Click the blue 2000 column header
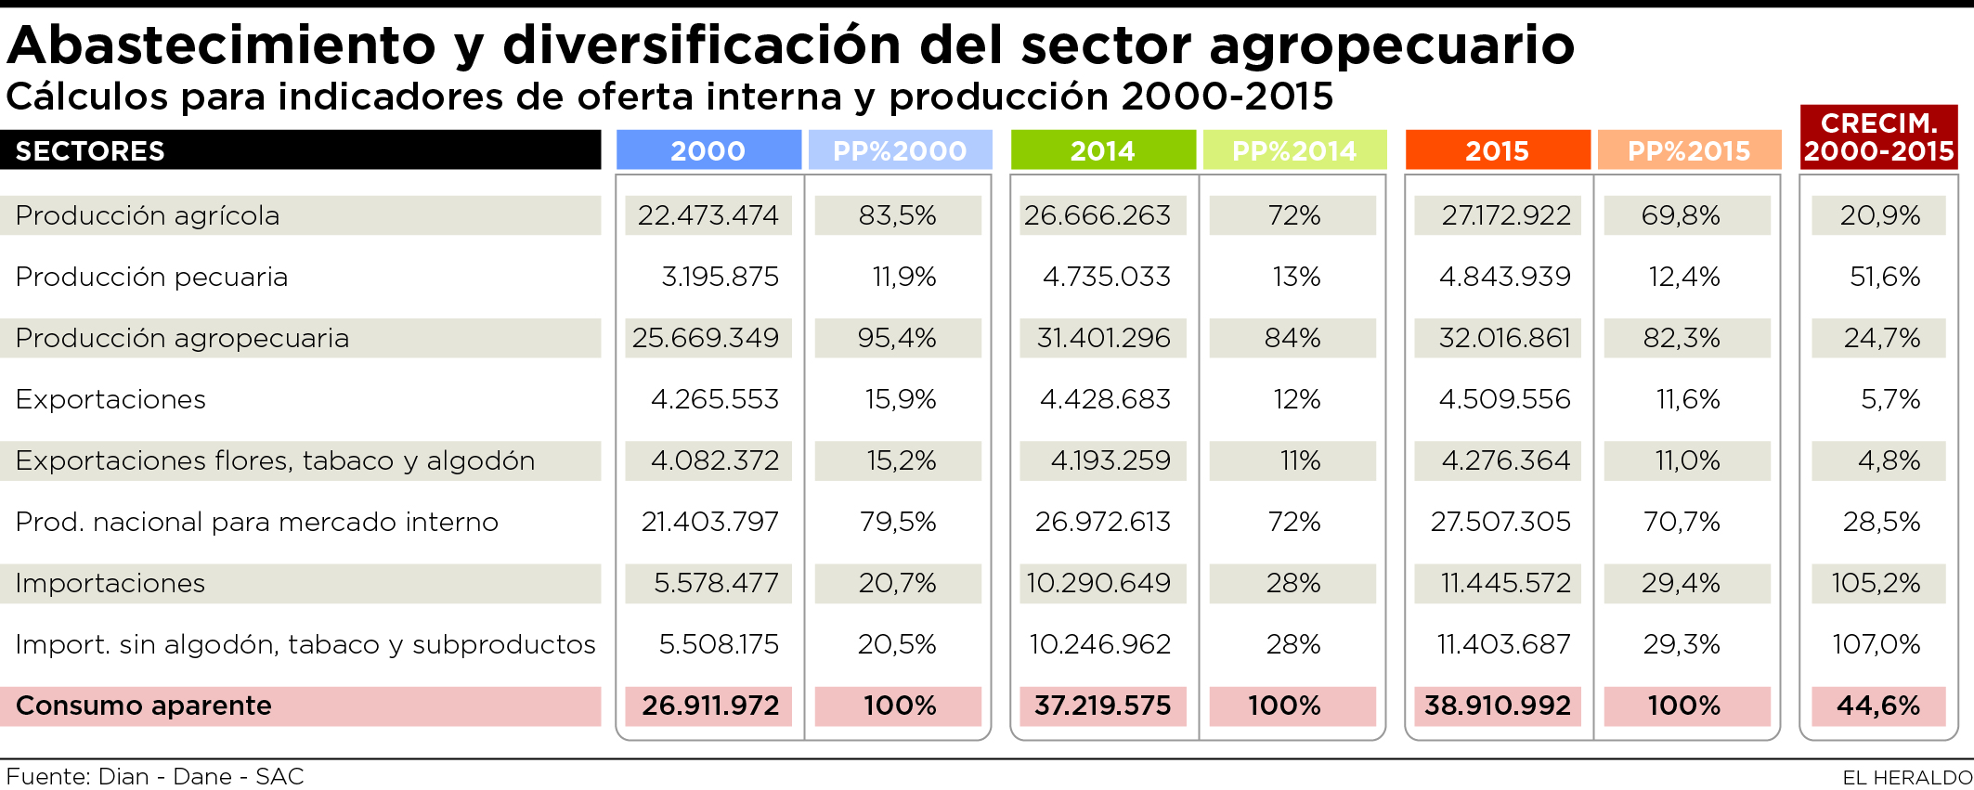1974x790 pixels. tap(708, 150)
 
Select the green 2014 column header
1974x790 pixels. tap(1102, 150)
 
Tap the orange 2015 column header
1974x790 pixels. tap(1497, 150)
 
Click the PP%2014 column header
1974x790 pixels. tap(1294, 150)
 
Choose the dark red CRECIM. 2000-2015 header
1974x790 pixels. tap(1878, 137)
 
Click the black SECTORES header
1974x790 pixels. tap(90, 150)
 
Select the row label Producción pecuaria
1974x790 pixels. tap(151, 277)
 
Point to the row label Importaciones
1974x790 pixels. tap(110, 583)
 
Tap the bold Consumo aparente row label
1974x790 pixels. tap(144, 706)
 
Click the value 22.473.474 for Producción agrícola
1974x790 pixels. tap(708, 215)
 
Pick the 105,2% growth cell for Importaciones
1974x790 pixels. tap(1876, 583)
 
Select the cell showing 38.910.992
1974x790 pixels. tap(1497, 706)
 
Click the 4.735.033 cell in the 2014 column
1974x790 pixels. tap(1106, 277)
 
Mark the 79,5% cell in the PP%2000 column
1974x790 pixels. tap(898, 522)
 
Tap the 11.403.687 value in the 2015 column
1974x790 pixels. tap(1503, 644)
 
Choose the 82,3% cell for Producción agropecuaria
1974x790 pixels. tap(1682, 338)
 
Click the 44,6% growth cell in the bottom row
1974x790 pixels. tap(1878, 706)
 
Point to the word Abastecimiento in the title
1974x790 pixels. tap(221, 45)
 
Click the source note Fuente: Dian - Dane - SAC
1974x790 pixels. tap(155, 776)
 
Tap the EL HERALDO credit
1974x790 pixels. tap(1907, 777)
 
